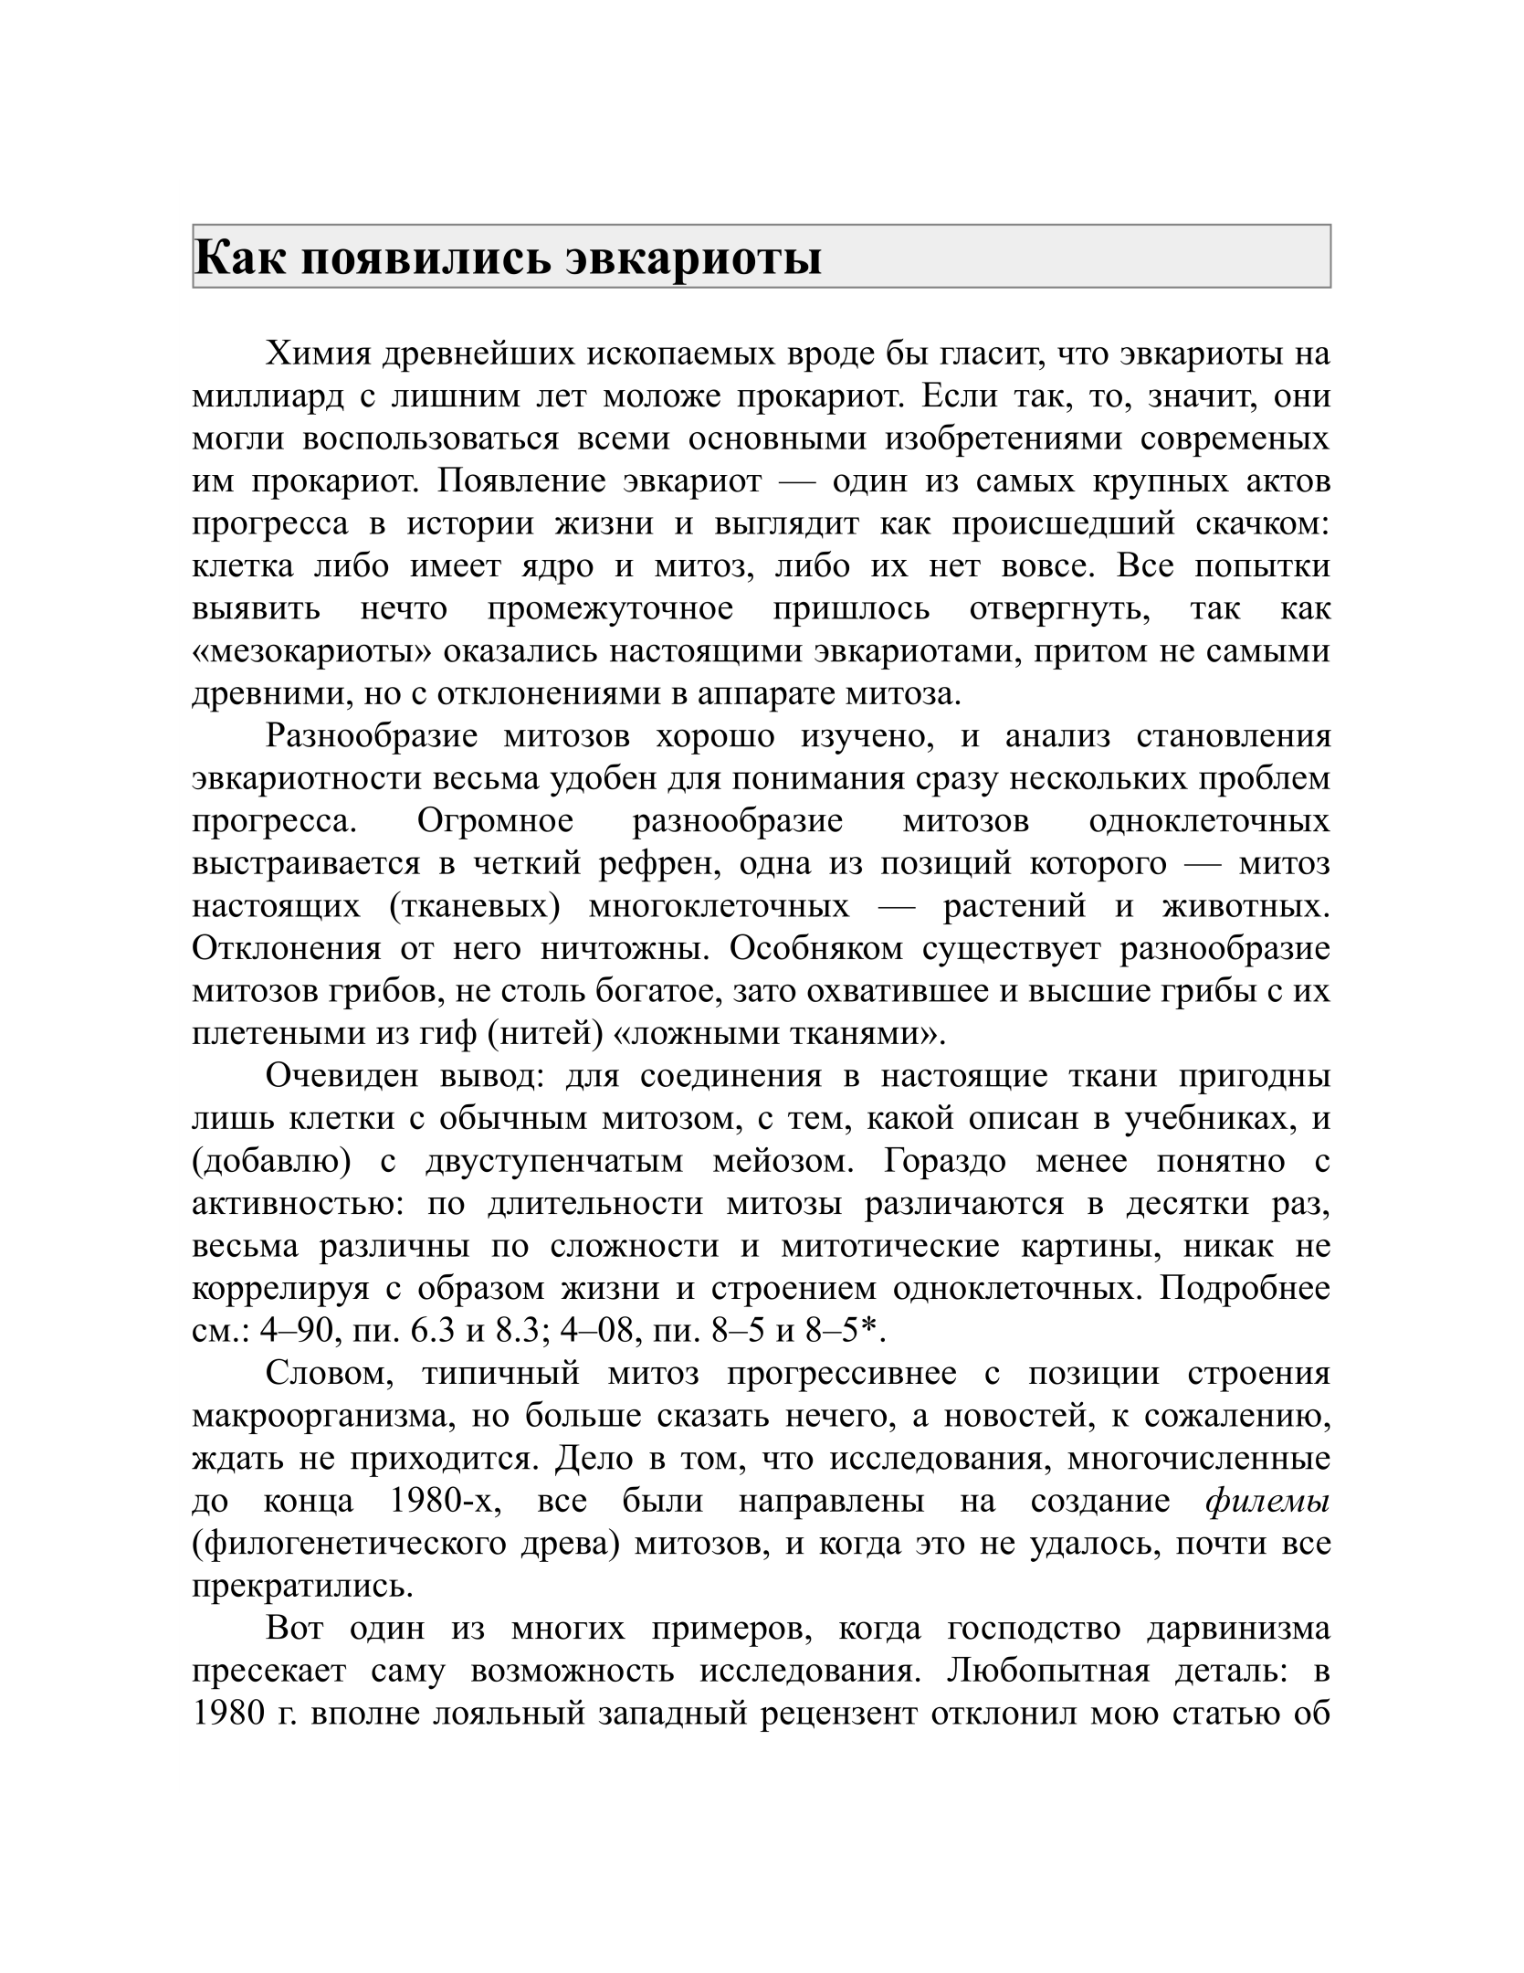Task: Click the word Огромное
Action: [x=495, y=821]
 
